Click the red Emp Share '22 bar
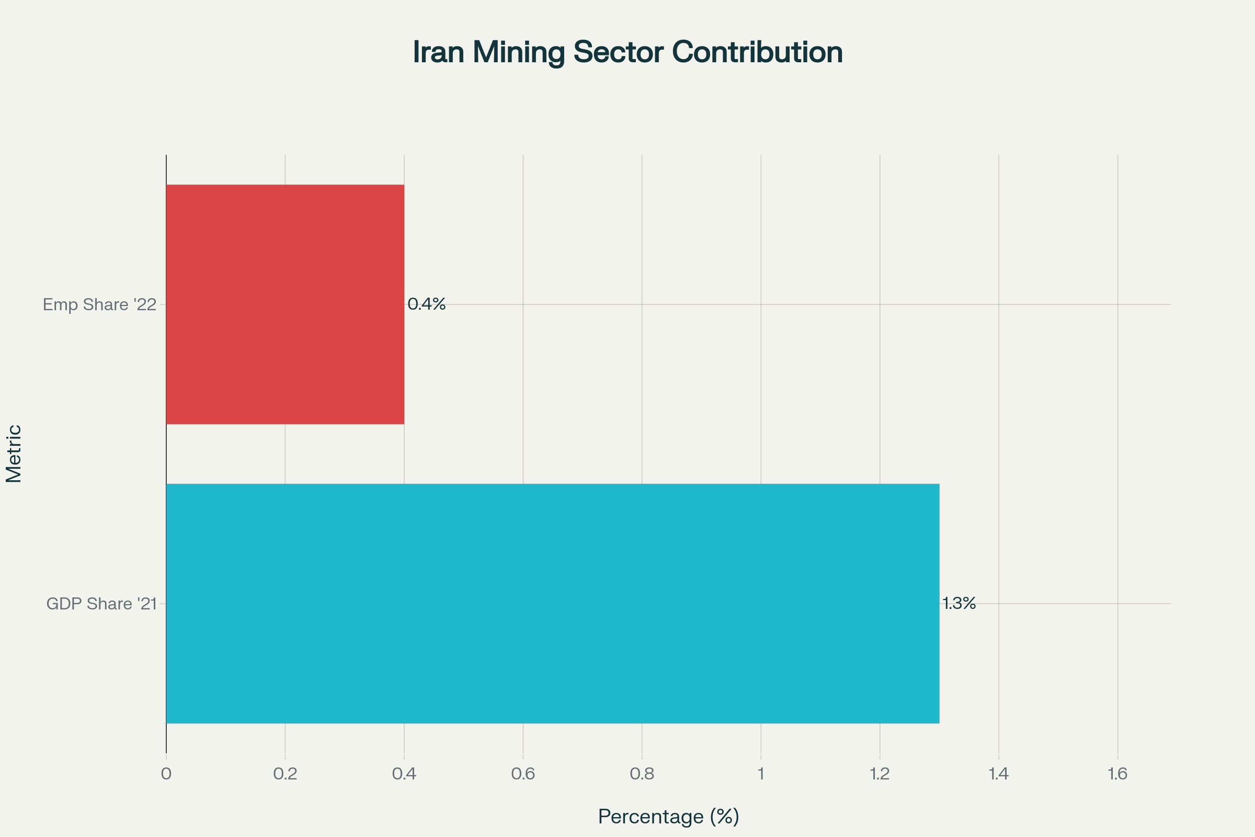coord(285,304)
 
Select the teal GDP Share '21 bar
coord(552,603)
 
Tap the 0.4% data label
coord(426,304)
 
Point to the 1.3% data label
coord(959,603)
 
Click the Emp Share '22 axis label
coord(99,305)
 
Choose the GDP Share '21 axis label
coord(101,604)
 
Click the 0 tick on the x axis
coord(166,774)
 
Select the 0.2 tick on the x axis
coord(285,774)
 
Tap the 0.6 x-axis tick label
coord(523,774)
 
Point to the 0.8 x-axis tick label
coord(642,774)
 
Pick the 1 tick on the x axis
coord(761,774)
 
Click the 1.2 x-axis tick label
coord(880,774)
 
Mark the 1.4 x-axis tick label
coord(998,774)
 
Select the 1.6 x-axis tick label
coord(1117,774)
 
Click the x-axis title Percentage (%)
coord(669,817)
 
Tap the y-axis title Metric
coord(14,454)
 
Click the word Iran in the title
coord(438,52)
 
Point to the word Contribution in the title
coord(757,52)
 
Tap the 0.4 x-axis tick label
coord(404,774)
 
